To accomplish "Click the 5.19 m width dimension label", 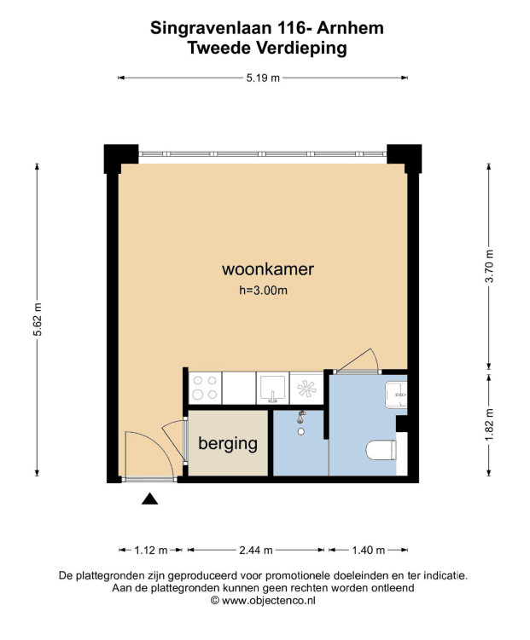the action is coord(263,78).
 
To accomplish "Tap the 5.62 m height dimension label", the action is coord(38,320).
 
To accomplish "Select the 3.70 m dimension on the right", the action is coord(489,266).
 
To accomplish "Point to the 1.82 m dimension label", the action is coord(489,424).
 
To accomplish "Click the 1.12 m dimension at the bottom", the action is coord(151,551).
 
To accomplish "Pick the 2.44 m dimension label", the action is coord(256,551).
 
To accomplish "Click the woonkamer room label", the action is coord(268,269).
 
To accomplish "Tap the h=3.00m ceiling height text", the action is coord(263,291).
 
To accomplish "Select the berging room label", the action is coord(228,444).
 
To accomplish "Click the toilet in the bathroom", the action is coord(381,450).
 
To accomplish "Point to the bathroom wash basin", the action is coord(396,395).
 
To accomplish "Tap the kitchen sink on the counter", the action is coord(272,388).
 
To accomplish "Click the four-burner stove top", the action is coord(205,388).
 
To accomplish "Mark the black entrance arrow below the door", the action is coord(149,499).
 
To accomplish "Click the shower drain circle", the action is coord(301,431).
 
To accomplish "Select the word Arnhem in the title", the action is coord(351,28).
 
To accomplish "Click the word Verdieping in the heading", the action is coord(301,49).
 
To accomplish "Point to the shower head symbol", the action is coord(301,417).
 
